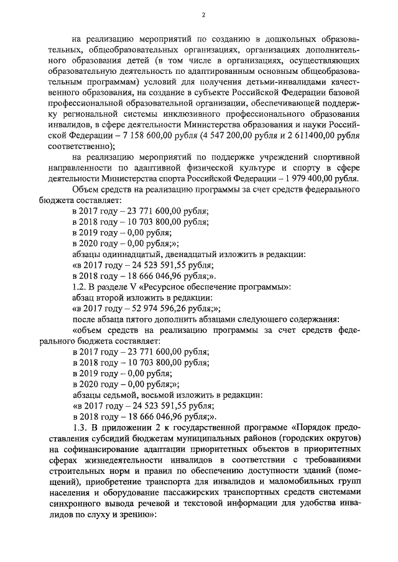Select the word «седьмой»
(122, 394)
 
